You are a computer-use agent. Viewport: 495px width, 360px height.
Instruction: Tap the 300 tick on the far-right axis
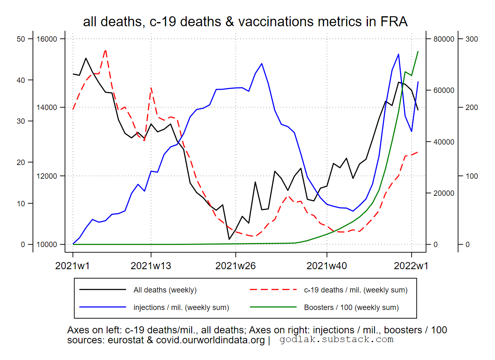[x=471, y=39]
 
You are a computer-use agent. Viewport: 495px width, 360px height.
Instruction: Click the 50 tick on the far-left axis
[x=21, y=39]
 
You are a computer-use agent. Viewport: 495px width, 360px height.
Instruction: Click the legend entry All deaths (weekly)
[x=165, y=290]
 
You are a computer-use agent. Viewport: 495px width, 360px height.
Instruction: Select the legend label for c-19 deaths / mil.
[x=355, y=290]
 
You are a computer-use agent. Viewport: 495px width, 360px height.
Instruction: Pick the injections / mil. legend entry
[x=181, y=308]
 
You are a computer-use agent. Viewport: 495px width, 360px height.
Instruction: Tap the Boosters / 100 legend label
[x=351, y=308]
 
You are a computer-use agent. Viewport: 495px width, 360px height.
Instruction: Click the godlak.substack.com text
[x=336, y=340]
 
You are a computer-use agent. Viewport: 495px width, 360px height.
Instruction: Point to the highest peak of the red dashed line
[x=105, y=50]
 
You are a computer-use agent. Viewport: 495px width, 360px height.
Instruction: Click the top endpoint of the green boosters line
[x=418, y=51]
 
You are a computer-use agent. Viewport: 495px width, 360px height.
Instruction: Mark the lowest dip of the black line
[x=229, y=239]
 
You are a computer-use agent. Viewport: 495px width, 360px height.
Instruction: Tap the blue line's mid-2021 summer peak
[x=261, y=64]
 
